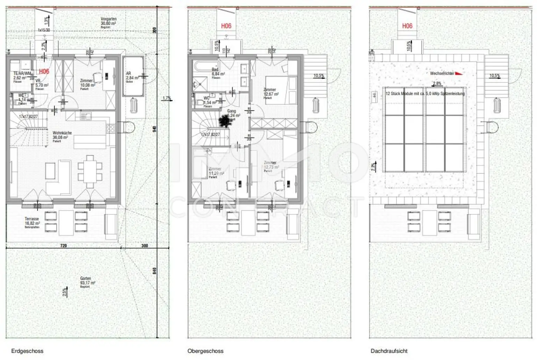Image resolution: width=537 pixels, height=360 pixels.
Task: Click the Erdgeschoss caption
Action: (27, 351)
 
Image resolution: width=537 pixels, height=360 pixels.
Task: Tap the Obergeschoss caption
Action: (205, 351)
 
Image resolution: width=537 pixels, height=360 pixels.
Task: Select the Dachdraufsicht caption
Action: (389, 351)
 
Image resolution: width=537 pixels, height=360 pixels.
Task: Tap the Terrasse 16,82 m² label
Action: (32, 221)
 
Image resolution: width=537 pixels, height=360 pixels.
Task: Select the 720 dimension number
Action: (63, 246)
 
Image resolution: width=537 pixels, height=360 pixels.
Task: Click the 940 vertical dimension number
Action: (155, 129)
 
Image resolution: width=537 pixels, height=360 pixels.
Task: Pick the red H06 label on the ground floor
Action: (44, 72)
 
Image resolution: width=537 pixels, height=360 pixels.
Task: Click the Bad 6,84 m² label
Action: (217, 72)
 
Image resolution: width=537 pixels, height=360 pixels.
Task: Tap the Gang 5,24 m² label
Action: (233, 113)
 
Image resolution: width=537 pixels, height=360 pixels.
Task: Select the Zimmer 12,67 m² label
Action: (271, 92)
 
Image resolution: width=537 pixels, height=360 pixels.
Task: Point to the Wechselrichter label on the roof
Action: (442, 73)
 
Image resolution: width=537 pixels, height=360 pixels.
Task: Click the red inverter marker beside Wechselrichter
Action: (459, 73)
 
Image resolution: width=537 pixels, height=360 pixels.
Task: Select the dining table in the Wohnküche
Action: (90, 171)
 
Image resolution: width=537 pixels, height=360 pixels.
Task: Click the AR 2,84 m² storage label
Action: (132, 76)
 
